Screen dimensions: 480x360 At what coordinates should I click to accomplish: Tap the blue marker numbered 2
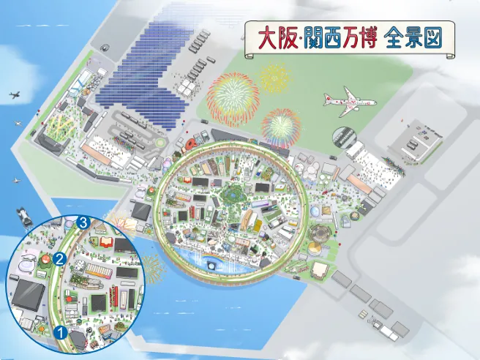[x=61, y=258]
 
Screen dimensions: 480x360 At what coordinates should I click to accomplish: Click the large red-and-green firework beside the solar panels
[x=233, y=99]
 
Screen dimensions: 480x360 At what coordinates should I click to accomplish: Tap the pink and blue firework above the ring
[x=281, y=125]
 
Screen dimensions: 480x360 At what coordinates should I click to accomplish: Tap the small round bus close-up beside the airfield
[x=343, y=137]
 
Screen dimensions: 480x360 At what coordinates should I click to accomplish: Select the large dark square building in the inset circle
[x=27, y=295]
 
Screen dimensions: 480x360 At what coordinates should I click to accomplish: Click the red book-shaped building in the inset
[x=103, y=242]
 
